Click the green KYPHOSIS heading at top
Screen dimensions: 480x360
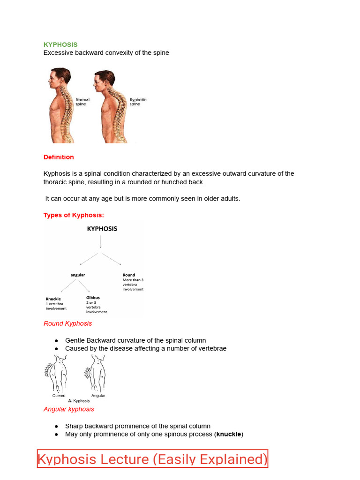(x=60, y=45)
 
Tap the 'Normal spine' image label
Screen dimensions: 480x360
(x=82, y=102)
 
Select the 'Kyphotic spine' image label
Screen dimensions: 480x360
(x=138, y=102)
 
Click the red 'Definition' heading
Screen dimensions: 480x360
(x=59, y=157)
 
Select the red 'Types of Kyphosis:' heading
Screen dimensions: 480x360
(x=74, y=215)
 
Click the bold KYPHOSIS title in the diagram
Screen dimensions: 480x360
(x=102, y=229)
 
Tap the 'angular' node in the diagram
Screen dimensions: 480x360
(x=78, y=275)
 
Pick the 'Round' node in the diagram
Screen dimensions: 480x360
(x=129, y=275)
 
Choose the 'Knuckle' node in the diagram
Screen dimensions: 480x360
(x=53, y=299)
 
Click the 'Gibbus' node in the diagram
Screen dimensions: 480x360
(x=93, y=298)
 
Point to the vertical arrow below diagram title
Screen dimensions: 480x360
(x=100, y=241)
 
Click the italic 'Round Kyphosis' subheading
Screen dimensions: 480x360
(x=67, y=323)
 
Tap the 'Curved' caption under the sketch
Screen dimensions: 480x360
(x=59, y=396)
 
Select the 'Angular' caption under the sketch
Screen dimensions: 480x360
(x=98, y=396)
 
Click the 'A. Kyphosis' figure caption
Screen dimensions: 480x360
(x=78, y=401)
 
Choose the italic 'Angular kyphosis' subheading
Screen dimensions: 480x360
(x=68, y=409)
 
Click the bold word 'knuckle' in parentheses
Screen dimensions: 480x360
(x=229, y=434)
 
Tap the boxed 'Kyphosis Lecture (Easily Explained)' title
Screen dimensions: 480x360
(x=152, y=459)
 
